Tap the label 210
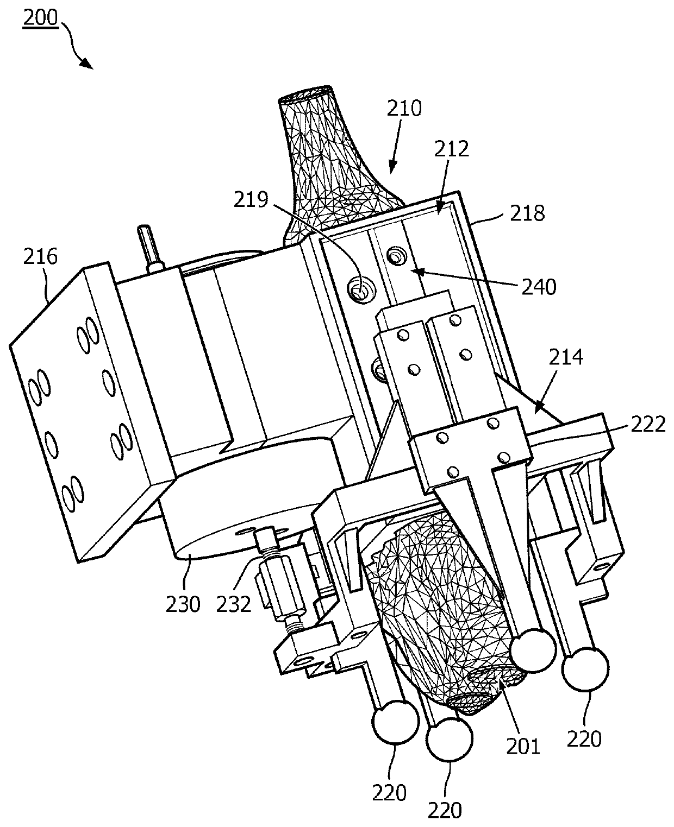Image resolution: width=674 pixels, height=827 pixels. [x=404, y=108]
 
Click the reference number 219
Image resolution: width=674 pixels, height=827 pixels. [x=251, y=201]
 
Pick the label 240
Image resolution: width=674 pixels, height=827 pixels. [x=538, y=286]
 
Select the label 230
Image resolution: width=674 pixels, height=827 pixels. [x=183, y=603]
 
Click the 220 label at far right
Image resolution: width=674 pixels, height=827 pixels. [x=584, y=739]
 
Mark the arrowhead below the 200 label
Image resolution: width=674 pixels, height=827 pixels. [x=87, y=64]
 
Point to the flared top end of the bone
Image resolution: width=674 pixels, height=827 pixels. [x=305, y=94]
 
